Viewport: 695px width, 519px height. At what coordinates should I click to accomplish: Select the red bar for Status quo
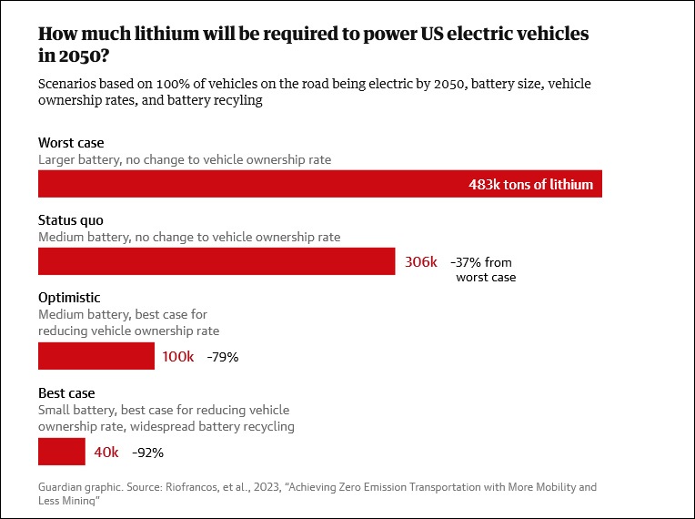tap(217, 262)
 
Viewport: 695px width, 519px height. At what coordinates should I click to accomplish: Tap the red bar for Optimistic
tap(96, 356)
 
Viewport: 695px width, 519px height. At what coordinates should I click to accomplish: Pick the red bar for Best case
tap(61, 452)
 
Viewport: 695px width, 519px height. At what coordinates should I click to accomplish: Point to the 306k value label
tap(420, 262)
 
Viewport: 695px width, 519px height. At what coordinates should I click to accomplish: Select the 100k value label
tap(178, 357)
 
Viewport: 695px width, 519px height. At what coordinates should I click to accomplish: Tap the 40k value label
tap(106, 452)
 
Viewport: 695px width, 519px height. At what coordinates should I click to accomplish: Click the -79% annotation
tap(223, 358)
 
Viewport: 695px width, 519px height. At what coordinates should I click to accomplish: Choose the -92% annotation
tap(148, 453)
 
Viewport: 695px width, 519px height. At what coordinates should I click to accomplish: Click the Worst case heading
tap(71, 143)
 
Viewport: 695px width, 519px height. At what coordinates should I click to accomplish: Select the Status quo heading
tap(71, 220)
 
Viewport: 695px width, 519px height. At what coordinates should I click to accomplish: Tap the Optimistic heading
tap(69, 298)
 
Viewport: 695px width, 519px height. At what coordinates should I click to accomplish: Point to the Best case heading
tap(66, 393)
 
